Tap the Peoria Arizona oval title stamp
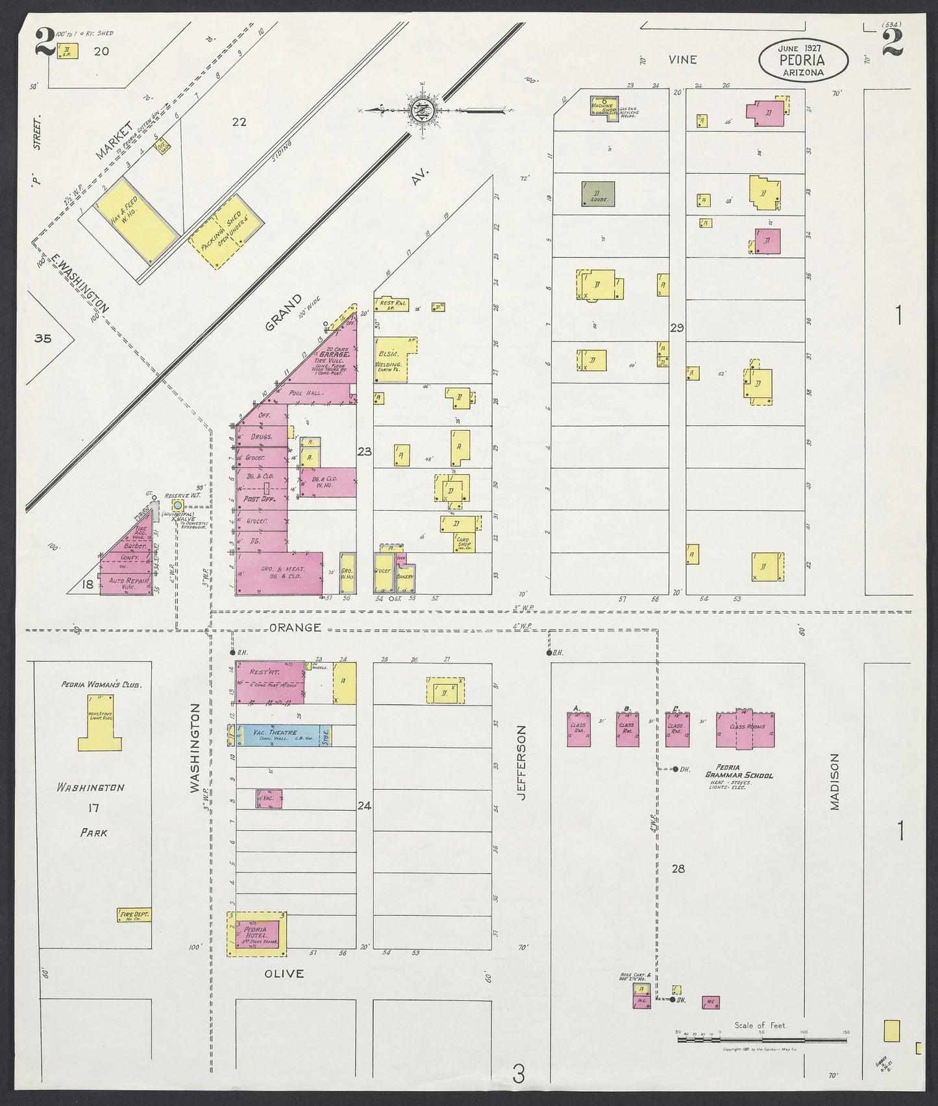803,60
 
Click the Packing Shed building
227,229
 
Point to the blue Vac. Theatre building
284,735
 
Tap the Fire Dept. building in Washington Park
134,916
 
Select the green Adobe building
598,194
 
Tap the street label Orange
295,628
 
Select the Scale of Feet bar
762,1040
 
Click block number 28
678,868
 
